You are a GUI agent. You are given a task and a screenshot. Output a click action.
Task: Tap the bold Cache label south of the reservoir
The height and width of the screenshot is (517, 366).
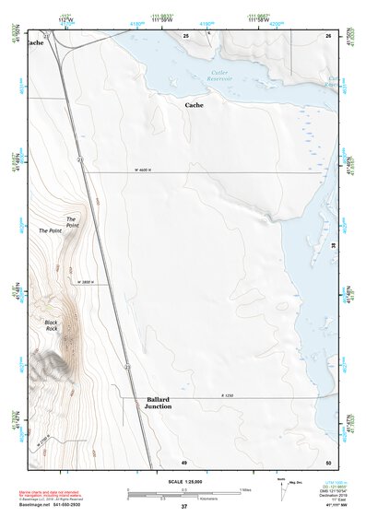pos(195,105)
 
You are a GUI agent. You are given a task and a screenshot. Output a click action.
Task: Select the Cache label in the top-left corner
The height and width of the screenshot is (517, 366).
pos(35,42)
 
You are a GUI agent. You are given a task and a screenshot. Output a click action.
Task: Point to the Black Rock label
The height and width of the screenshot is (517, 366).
pos(51,325)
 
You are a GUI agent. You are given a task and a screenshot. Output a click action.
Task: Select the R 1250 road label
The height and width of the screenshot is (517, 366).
pos(228,394)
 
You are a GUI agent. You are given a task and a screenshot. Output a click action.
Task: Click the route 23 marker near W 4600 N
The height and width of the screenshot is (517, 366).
pos(80,160)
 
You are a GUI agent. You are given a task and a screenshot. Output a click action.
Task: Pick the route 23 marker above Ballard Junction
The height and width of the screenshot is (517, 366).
pos(127,367)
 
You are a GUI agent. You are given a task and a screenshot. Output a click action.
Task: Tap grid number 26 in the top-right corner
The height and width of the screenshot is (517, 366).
pos(327,35)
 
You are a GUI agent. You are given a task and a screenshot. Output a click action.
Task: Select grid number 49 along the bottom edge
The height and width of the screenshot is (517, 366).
pos(183,461)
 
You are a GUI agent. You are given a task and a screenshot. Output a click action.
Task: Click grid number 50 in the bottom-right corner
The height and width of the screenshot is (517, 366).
pos(327,461)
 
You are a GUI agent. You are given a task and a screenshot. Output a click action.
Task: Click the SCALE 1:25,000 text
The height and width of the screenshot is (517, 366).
pos(183,481)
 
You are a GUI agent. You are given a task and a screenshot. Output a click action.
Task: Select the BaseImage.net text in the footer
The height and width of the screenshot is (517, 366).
pos(37,504)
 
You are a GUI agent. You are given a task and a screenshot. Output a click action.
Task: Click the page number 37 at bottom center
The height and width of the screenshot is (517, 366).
pos(183,507)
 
